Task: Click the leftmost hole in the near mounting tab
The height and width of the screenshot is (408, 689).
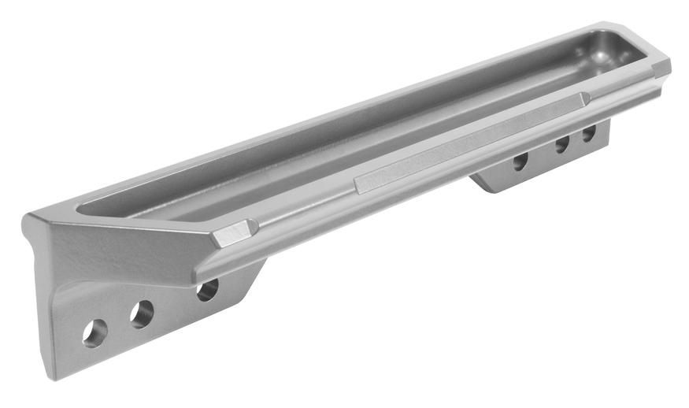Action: [x=94, y=332]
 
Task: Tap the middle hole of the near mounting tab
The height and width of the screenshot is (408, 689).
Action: [x=142, y=313]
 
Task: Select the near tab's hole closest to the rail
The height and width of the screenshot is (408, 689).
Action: [x=207, y=289]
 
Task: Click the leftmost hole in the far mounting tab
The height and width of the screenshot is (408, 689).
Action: [x=520, y=161]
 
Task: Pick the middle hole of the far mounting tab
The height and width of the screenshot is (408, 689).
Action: [x=562, y=144]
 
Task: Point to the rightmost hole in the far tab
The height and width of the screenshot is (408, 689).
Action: [x=588, y=133]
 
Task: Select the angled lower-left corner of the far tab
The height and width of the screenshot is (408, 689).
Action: [x=482, y=186]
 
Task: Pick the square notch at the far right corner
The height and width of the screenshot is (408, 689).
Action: [x=660, y=69]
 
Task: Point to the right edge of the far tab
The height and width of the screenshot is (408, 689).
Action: [x=608, y=134]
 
